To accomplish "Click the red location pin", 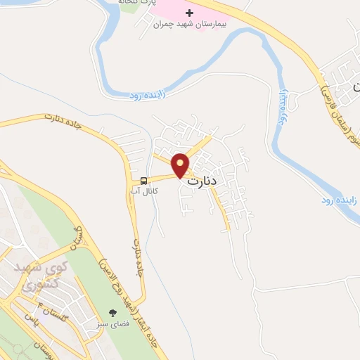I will click(x=181, y=165).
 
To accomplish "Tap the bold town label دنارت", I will click(x=204, y=180).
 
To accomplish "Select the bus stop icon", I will click(x=143, y=179).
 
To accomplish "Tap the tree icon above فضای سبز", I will click(x=112, y=313).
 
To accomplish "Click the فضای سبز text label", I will click(x=112, y=326).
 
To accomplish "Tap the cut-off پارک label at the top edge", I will click(x=156, y=4).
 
